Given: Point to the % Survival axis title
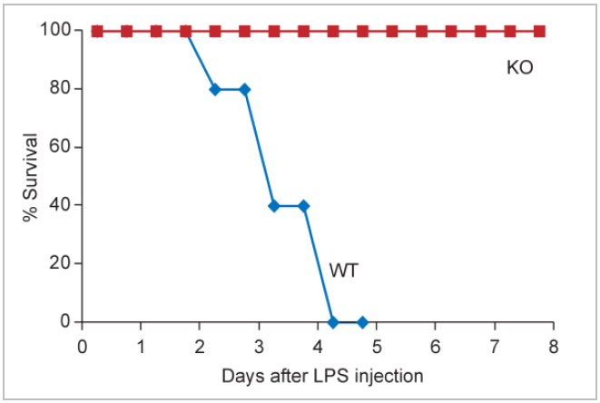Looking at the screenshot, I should (x=30, y=177).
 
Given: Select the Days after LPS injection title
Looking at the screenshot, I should (x=321, y=375).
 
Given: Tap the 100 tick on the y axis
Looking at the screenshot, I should (x=54, y=30).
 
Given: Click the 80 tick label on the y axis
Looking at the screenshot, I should (x=58, y=89).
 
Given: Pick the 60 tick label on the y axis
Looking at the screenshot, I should (x=58, y=147).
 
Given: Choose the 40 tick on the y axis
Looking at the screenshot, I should (x=58, y=205).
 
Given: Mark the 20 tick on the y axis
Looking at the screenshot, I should (x=58, y=263).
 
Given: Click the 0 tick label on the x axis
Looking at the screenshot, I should (x=83, y=346).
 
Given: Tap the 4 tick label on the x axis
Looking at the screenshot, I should (x=318, y=346).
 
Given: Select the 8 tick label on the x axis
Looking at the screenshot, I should (x=553, y=346).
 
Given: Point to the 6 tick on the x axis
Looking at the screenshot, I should (x=436, y=346).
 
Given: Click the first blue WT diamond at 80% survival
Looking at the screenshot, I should (x=215, y=89).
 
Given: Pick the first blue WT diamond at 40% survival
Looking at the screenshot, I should (x=274, y=205).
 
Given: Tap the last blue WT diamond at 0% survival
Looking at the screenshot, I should (x=362, y=321).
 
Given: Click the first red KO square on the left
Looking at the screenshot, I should (x=97, y=31).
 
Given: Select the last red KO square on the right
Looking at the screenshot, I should (x=539, y=31).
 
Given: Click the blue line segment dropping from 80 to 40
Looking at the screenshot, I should (x=259, y=147).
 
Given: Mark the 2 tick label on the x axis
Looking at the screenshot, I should (x=200, y=346).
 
